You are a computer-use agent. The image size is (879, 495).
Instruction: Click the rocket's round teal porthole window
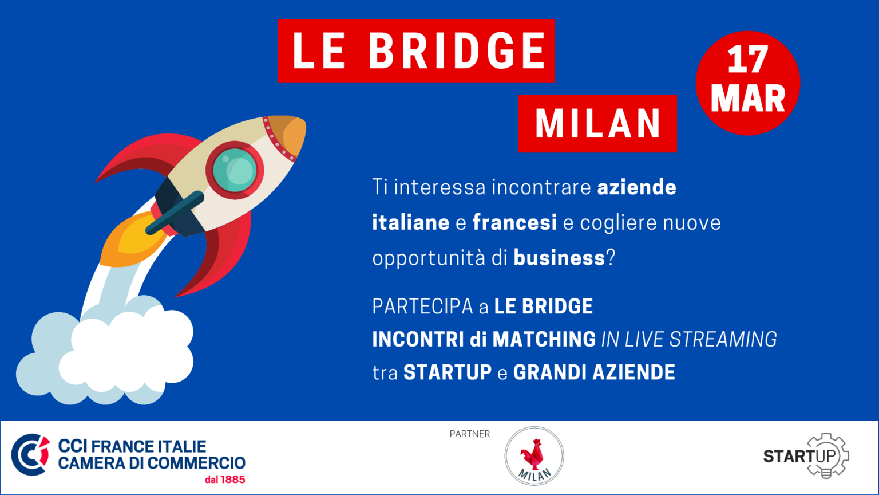(x=235, y=170)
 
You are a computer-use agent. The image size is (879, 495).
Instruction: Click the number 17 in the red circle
(x=748, y=59)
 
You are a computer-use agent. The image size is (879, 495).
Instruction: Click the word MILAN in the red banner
(x=598, y=124)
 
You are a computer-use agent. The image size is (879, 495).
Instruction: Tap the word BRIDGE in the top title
(x=457, y=50)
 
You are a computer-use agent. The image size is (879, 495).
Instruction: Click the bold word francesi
(x=514, y=222)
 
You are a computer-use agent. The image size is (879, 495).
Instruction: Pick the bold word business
(x=559, y=258)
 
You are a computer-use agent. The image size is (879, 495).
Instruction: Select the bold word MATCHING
(x=544, y=339)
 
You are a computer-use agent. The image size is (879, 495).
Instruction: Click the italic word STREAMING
(x=723, y=339)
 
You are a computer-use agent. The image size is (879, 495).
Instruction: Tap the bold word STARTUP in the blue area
(x=448, y=372)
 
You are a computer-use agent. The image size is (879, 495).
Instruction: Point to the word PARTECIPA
(x=422, y=307)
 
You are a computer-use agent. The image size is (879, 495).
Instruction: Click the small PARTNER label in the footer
(x=470, y=434)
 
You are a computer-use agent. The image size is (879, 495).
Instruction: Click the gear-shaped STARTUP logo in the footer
(x=806, y=455)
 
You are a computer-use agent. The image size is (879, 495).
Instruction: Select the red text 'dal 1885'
(x=225, y=480)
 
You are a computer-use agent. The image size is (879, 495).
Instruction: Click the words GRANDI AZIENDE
(x=594, y=372)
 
